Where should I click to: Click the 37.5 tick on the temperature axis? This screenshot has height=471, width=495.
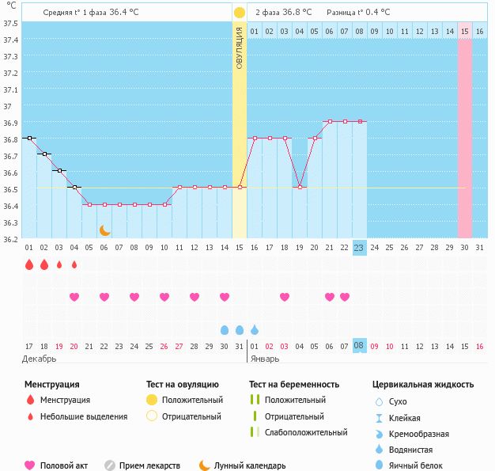(x=11, y=22)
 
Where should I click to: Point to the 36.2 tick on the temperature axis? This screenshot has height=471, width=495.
(x=11, y=239)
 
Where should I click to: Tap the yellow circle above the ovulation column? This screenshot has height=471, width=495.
(x=240, y=13)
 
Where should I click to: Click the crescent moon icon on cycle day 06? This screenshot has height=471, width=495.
(x=104, y=230)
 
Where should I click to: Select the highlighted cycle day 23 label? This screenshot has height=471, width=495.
(x=359, y=247)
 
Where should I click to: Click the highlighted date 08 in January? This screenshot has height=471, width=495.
(x=359, y=345)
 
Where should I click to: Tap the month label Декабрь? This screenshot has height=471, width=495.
(x=40, y=359)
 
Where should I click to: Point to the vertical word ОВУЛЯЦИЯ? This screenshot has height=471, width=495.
(x=240, y=47)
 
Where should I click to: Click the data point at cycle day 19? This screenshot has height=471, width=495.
(x=300, y=187)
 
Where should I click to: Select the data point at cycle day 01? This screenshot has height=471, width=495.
(x=29, y=138)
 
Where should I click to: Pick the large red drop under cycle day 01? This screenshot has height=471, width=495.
(x=29, y=264)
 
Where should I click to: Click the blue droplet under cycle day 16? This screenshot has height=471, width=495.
(x=255, y=329)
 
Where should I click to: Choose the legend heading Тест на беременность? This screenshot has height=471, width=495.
(x=294, y=384)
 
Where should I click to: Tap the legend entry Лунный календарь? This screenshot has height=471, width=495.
(x=250, y=465)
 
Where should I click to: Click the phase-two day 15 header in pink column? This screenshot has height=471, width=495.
(x=464, y=31)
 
